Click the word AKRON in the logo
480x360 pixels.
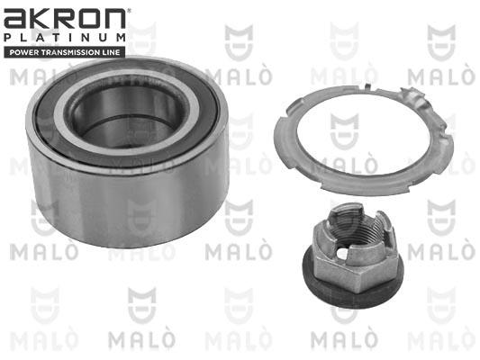point(65,19)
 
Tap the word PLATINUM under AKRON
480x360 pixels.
point(65,38)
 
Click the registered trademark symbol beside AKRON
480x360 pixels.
point(129,11)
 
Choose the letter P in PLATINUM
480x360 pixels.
point(8,38)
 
